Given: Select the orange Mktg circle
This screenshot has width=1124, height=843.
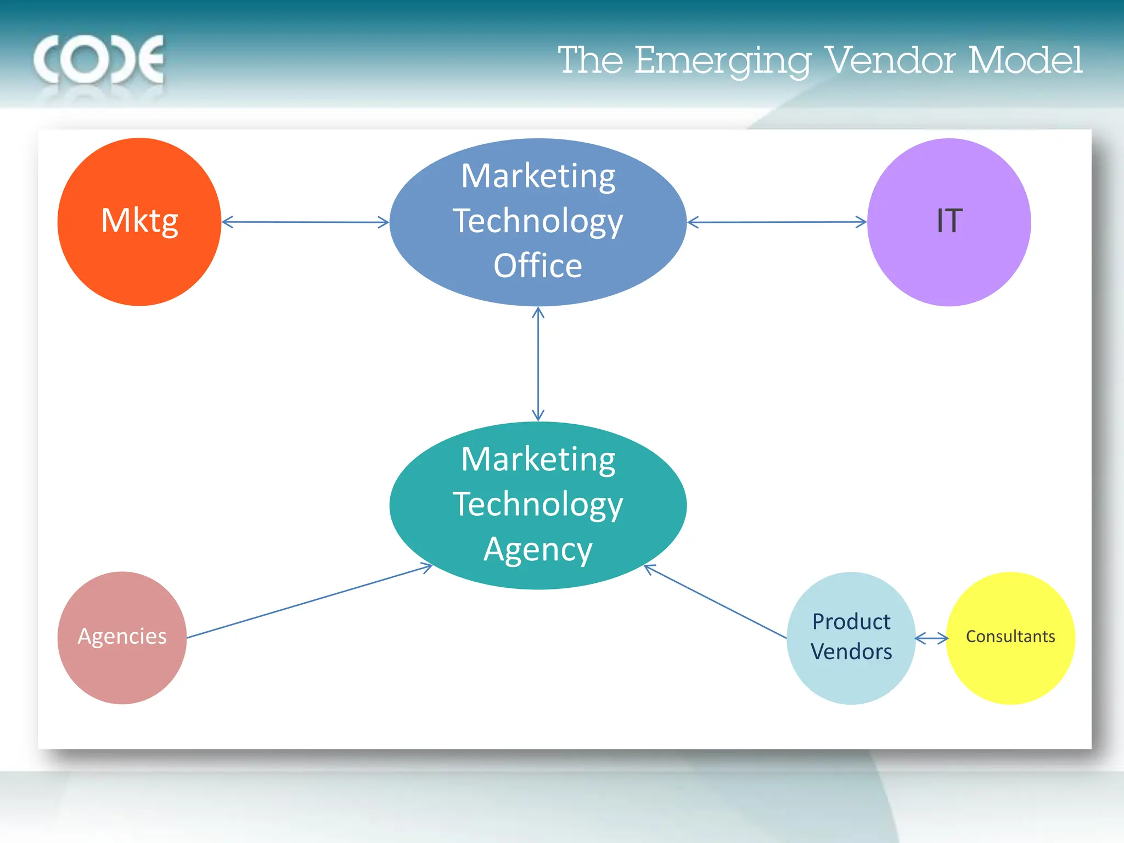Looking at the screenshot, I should [x=139, y=222].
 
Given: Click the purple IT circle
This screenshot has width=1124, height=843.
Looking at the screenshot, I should [x=949, y=222].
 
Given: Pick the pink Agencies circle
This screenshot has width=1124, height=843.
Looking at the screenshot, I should [x=122, y=637].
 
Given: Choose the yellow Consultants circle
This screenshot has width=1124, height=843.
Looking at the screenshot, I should [x=1010, y=638].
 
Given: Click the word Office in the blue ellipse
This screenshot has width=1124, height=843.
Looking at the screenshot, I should [x=538, y=266].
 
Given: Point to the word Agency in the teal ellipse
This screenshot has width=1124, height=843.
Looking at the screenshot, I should [x=538, y=549].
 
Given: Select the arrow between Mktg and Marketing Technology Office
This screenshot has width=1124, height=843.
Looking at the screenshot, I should [x=305, y=222].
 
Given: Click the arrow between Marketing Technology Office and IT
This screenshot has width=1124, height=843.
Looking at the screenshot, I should [x=777, y=222].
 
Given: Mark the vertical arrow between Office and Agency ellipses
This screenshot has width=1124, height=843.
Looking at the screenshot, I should [x=538, y=364].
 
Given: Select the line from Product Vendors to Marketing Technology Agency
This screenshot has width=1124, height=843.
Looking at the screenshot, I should [x=715, y=602].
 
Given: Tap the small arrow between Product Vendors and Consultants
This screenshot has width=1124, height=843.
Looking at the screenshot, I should [x=931, y=638].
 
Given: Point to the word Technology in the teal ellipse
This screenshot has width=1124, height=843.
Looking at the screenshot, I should [x=538, y=504].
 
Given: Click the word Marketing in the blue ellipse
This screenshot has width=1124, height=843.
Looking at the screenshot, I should [x=538, y=176].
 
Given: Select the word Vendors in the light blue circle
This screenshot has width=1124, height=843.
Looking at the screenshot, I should [x=851, y=652].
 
